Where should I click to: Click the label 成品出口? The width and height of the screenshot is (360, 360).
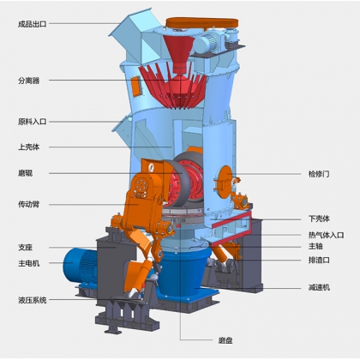point(32,24)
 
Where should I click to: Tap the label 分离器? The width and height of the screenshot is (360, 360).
point(28,81)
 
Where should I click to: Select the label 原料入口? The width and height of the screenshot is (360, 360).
point(32,122)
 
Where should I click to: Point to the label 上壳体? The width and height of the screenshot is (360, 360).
point(28,147)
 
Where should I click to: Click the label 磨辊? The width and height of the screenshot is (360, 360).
point(25,173)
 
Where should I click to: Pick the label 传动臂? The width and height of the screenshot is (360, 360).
point(28,204)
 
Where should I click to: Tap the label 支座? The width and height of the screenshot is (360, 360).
point(25,248)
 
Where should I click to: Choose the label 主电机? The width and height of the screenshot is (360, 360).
point(28,263)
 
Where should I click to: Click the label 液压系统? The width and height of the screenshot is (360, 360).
point(32,300)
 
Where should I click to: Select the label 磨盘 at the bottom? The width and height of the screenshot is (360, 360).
point(225,340)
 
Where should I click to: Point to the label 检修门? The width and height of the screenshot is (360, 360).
point(319,174)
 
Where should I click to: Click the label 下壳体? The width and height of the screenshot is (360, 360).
point(319,219)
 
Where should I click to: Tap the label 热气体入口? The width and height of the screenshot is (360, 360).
point(326,235)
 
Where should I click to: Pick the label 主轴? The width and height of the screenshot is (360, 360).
point(315,246)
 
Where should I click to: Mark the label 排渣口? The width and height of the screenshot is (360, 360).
point(319,260)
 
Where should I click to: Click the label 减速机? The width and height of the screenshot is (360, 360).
point(319,287)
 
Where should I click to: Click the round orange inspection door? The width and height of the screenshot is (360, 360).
point(224,182)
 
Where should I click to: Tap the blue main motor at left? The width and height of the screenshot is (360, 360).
point(80,265)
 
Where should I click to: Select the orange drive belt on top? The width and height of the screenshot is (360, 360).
point(202,22)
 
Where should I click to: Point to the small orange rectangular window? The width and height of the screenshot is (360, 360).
point(136,86)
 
